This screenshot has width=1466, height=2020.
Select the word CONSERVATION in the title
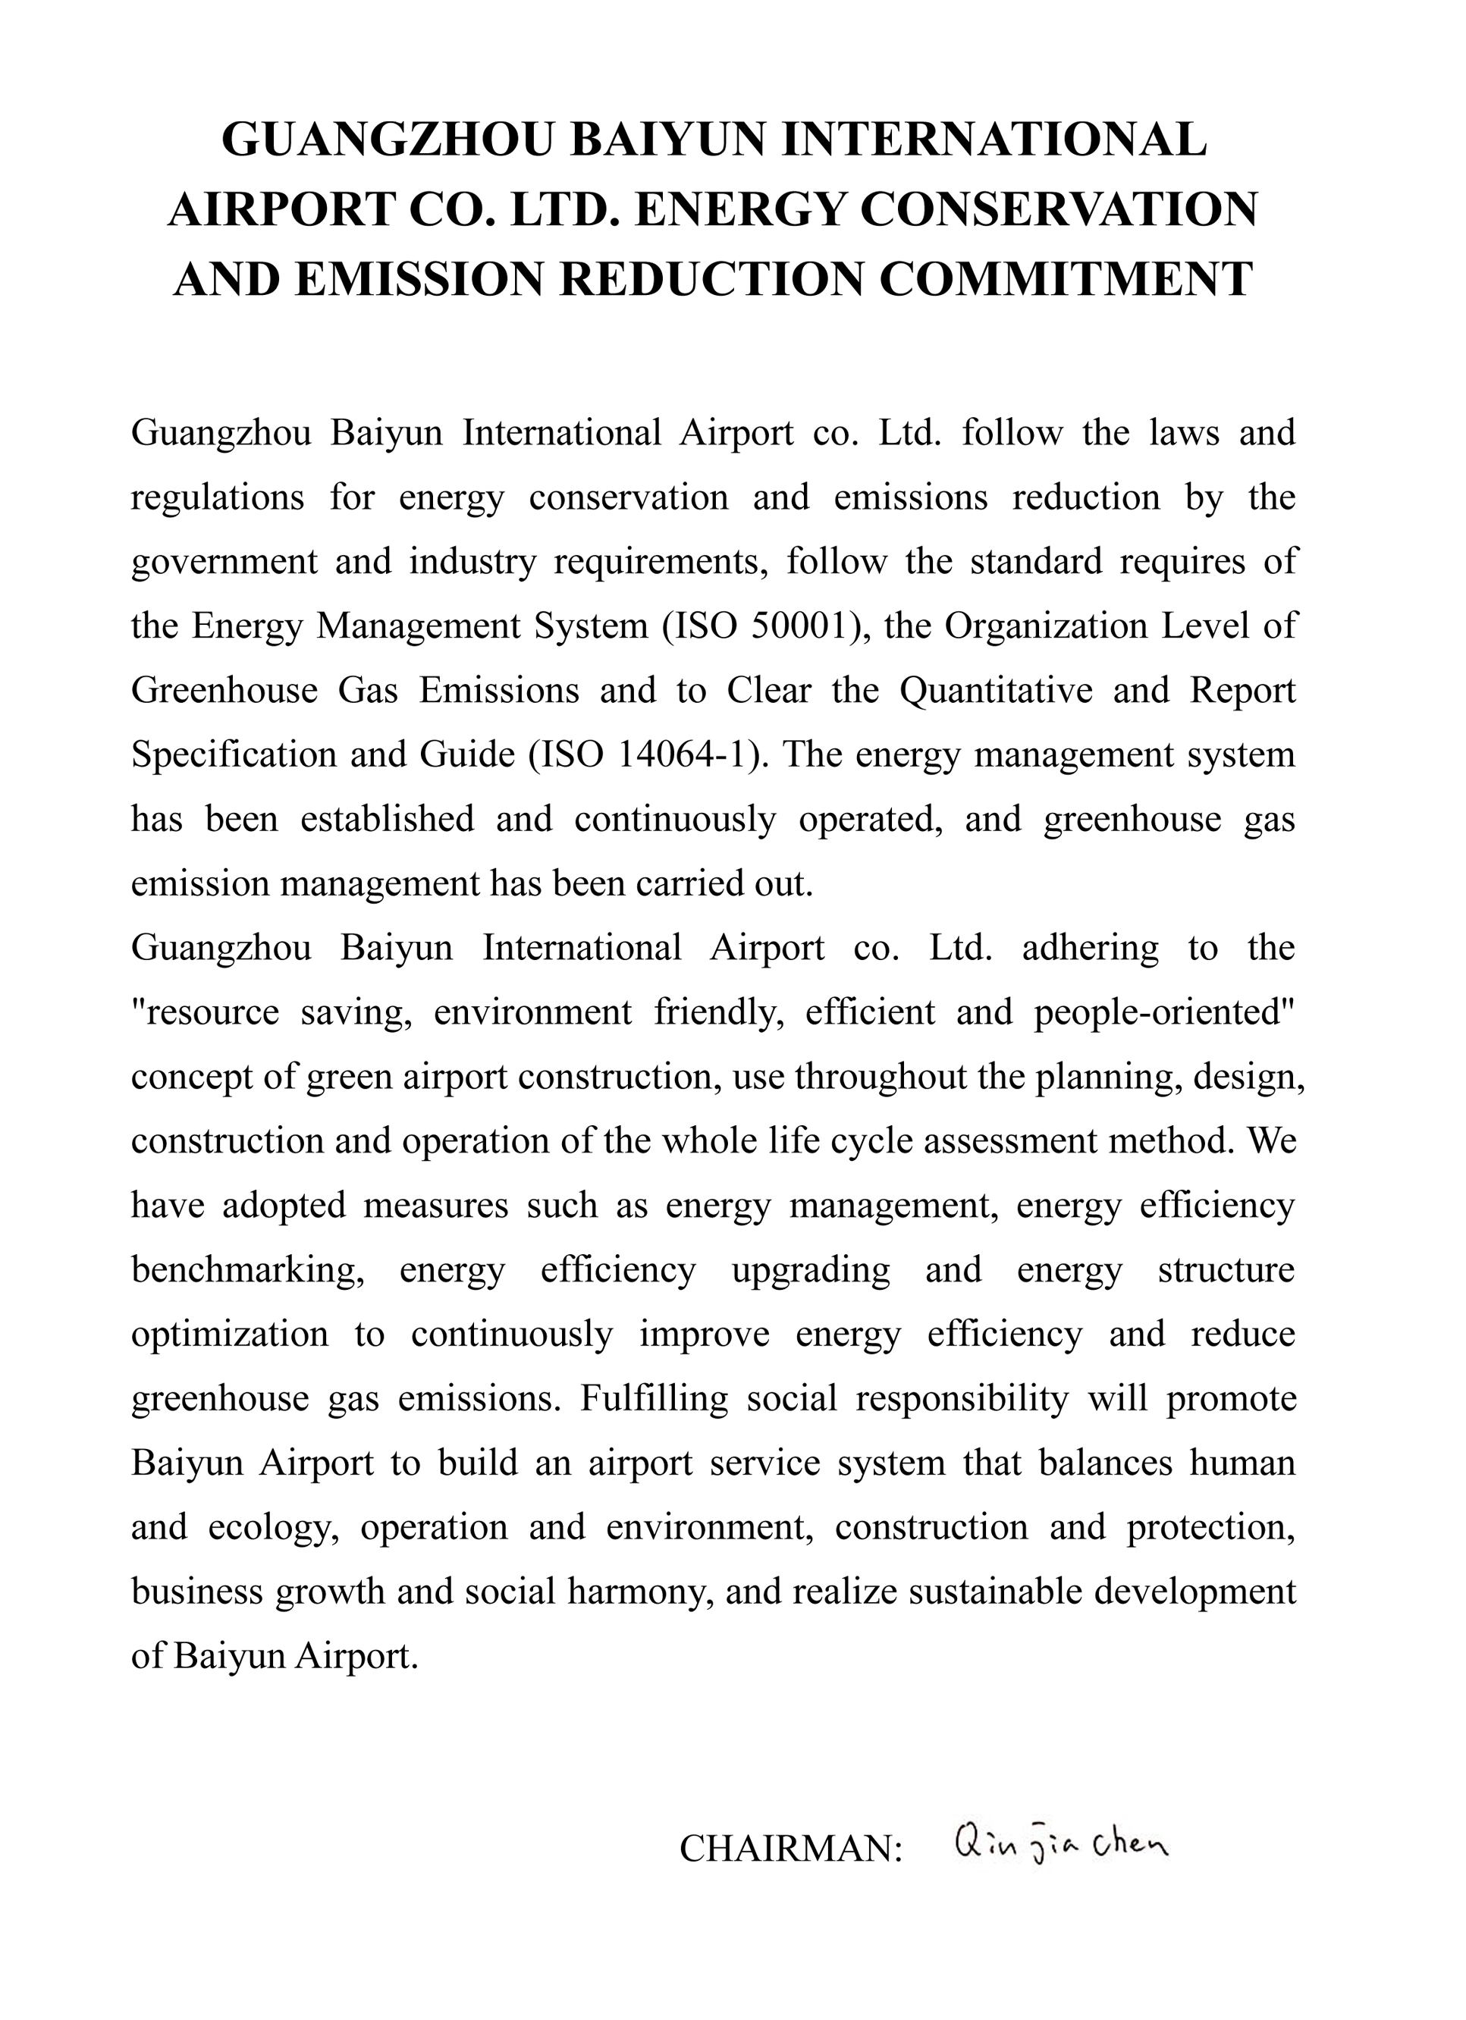click(1059, 209)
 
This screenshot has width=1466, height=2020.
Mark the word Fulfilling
click(655, 1398)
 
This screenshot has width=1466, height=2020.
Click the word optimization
click(230, 1335)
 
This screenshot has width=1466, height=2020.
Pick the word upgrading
click(811, 1269)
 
